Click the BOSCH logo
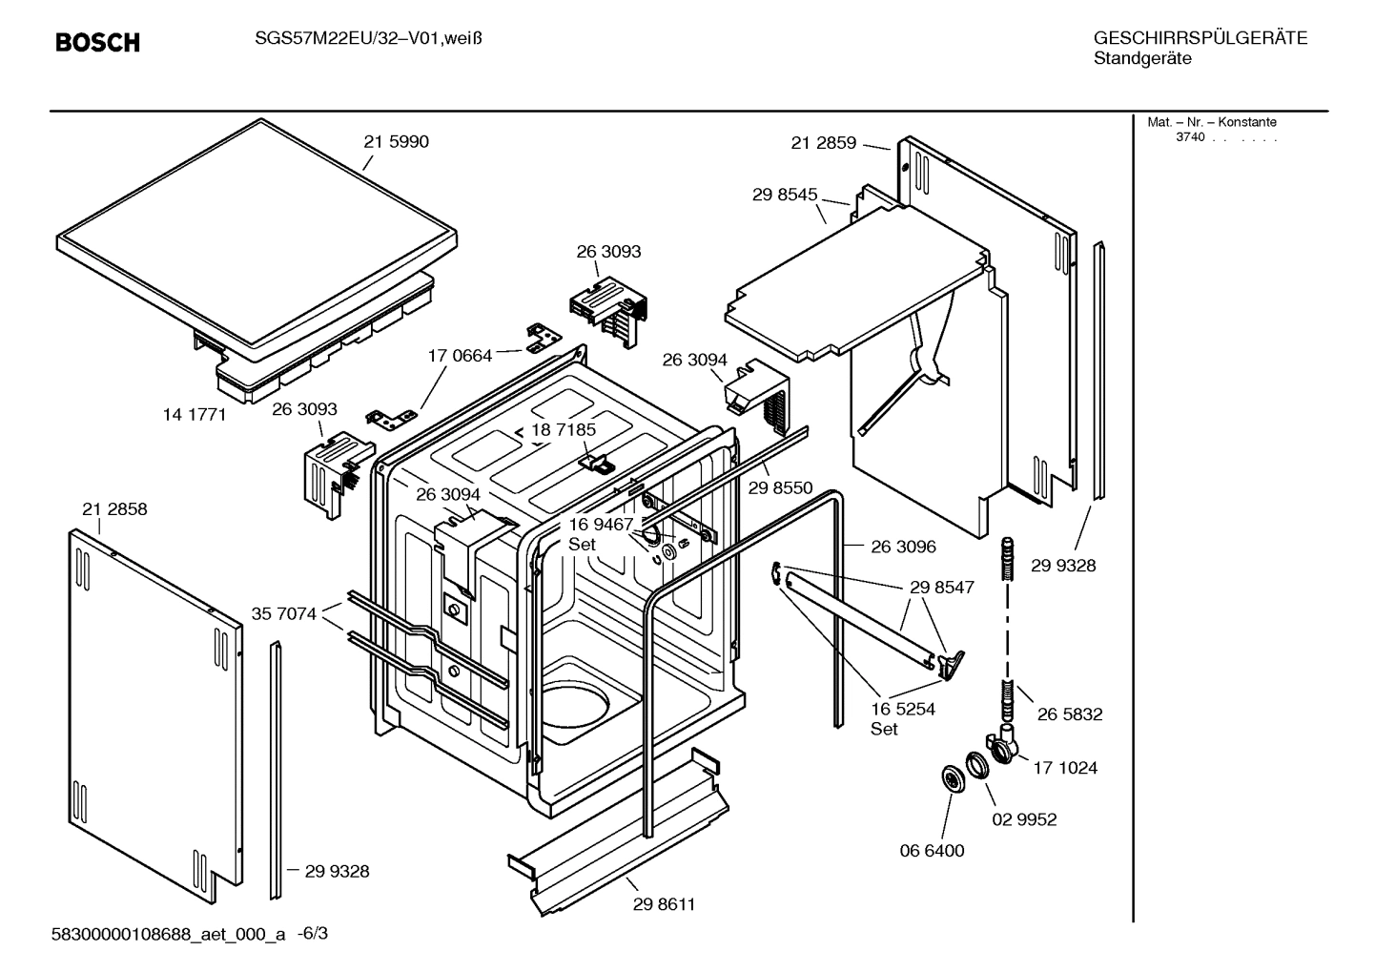97,43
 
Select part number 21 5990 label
396,142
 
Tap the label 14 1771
195,415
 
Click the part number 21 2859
824,143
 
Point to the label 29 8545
785,195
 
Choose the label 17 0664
460,356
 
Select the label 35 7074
284,614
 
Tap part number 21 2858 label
114,509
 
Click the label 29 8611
664,904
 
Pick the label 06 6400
932,851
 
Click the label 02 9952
1024,819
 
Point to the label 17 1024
1065,768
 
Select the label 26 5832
1070,714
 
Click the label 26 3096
903,547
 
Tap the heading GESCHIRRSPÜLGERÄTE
1200,39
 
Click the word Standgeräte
1141,59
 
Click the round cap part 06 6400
951,779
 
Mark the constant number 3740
1189,137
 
